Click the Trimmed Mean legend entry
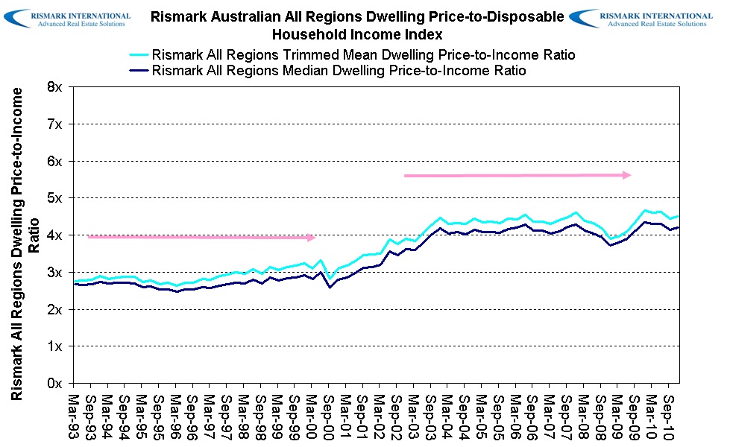tap(363, 55)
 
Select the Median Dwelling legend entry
tap(339, 71)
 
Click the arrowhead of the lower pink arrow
tap(312, 237)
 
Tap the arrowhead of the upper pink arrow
tap(628, 175)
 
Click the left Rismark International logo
tap(71, 19)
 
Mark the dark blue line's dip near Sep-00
tap(330, 287)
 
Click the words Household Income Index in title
tap(357, 34)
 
